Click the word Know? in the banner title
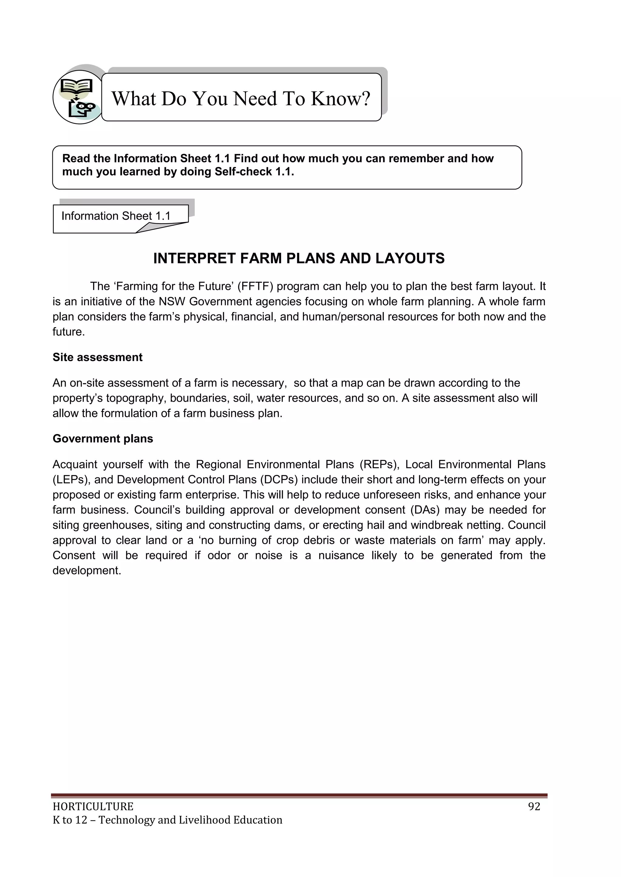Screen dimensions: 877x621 (x=340, y=98)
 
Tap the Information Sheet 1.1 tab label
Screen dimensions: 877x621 (x=116, y=216)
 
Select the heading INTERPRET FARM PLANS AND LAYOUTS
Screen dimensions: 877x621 (x=299, y=259)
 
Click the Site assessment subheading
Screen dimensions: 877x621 (x=98, y=357)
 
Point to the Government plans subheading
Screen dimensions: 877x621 (x=103, y=439)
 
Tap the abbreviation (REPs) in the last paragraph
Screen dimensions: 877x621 (x=379, y=464)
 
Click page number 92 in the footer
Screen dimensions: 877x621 (x=534, y=806)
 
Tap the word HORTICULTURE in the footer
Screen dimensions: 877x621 (x=93, y=806)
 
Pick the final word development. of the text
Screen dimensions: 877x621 (x=87, y=571)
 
